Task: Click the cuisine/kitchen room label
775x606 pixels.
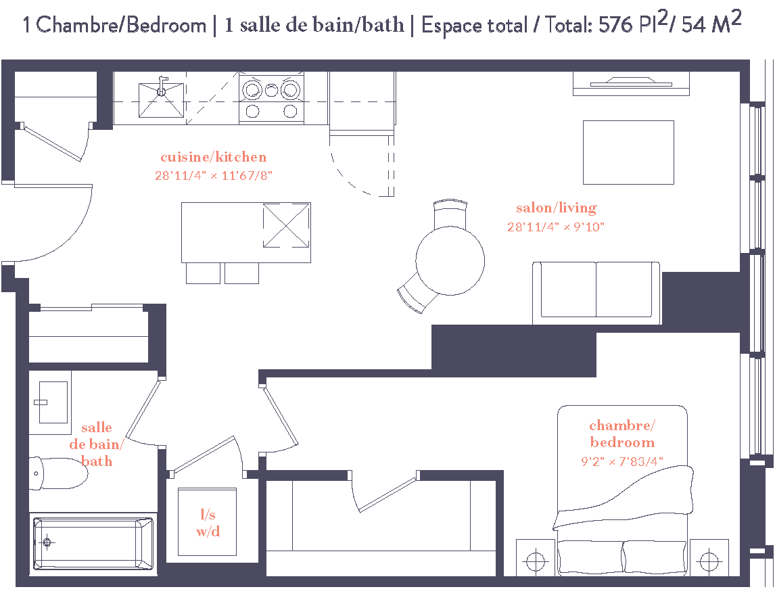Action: click(213, 157)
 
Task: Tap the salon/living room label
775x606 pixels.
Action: click(556, 208)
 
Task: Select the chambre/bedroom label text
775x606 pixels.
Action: click(622, 434)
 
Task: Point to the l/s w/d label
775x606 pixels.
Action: click(208, 523)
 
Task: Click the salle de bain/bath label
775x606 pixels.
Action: click(97, 444)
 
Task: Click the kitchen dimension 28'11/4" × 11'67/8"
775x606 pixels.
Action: click(213, 175)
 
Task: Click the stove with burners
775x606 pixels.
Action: click(271, 99)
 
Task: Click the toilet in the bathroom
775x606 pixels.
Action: click(59, 473)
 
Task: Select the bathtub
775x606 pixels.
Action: click(93, 542)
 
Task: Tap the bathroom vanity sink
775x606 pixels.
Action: click(53, 402)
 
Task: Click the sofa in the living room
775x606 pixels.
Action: click(596, 292)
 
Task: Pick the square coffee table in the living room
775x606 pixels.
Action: click(628, 152)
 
